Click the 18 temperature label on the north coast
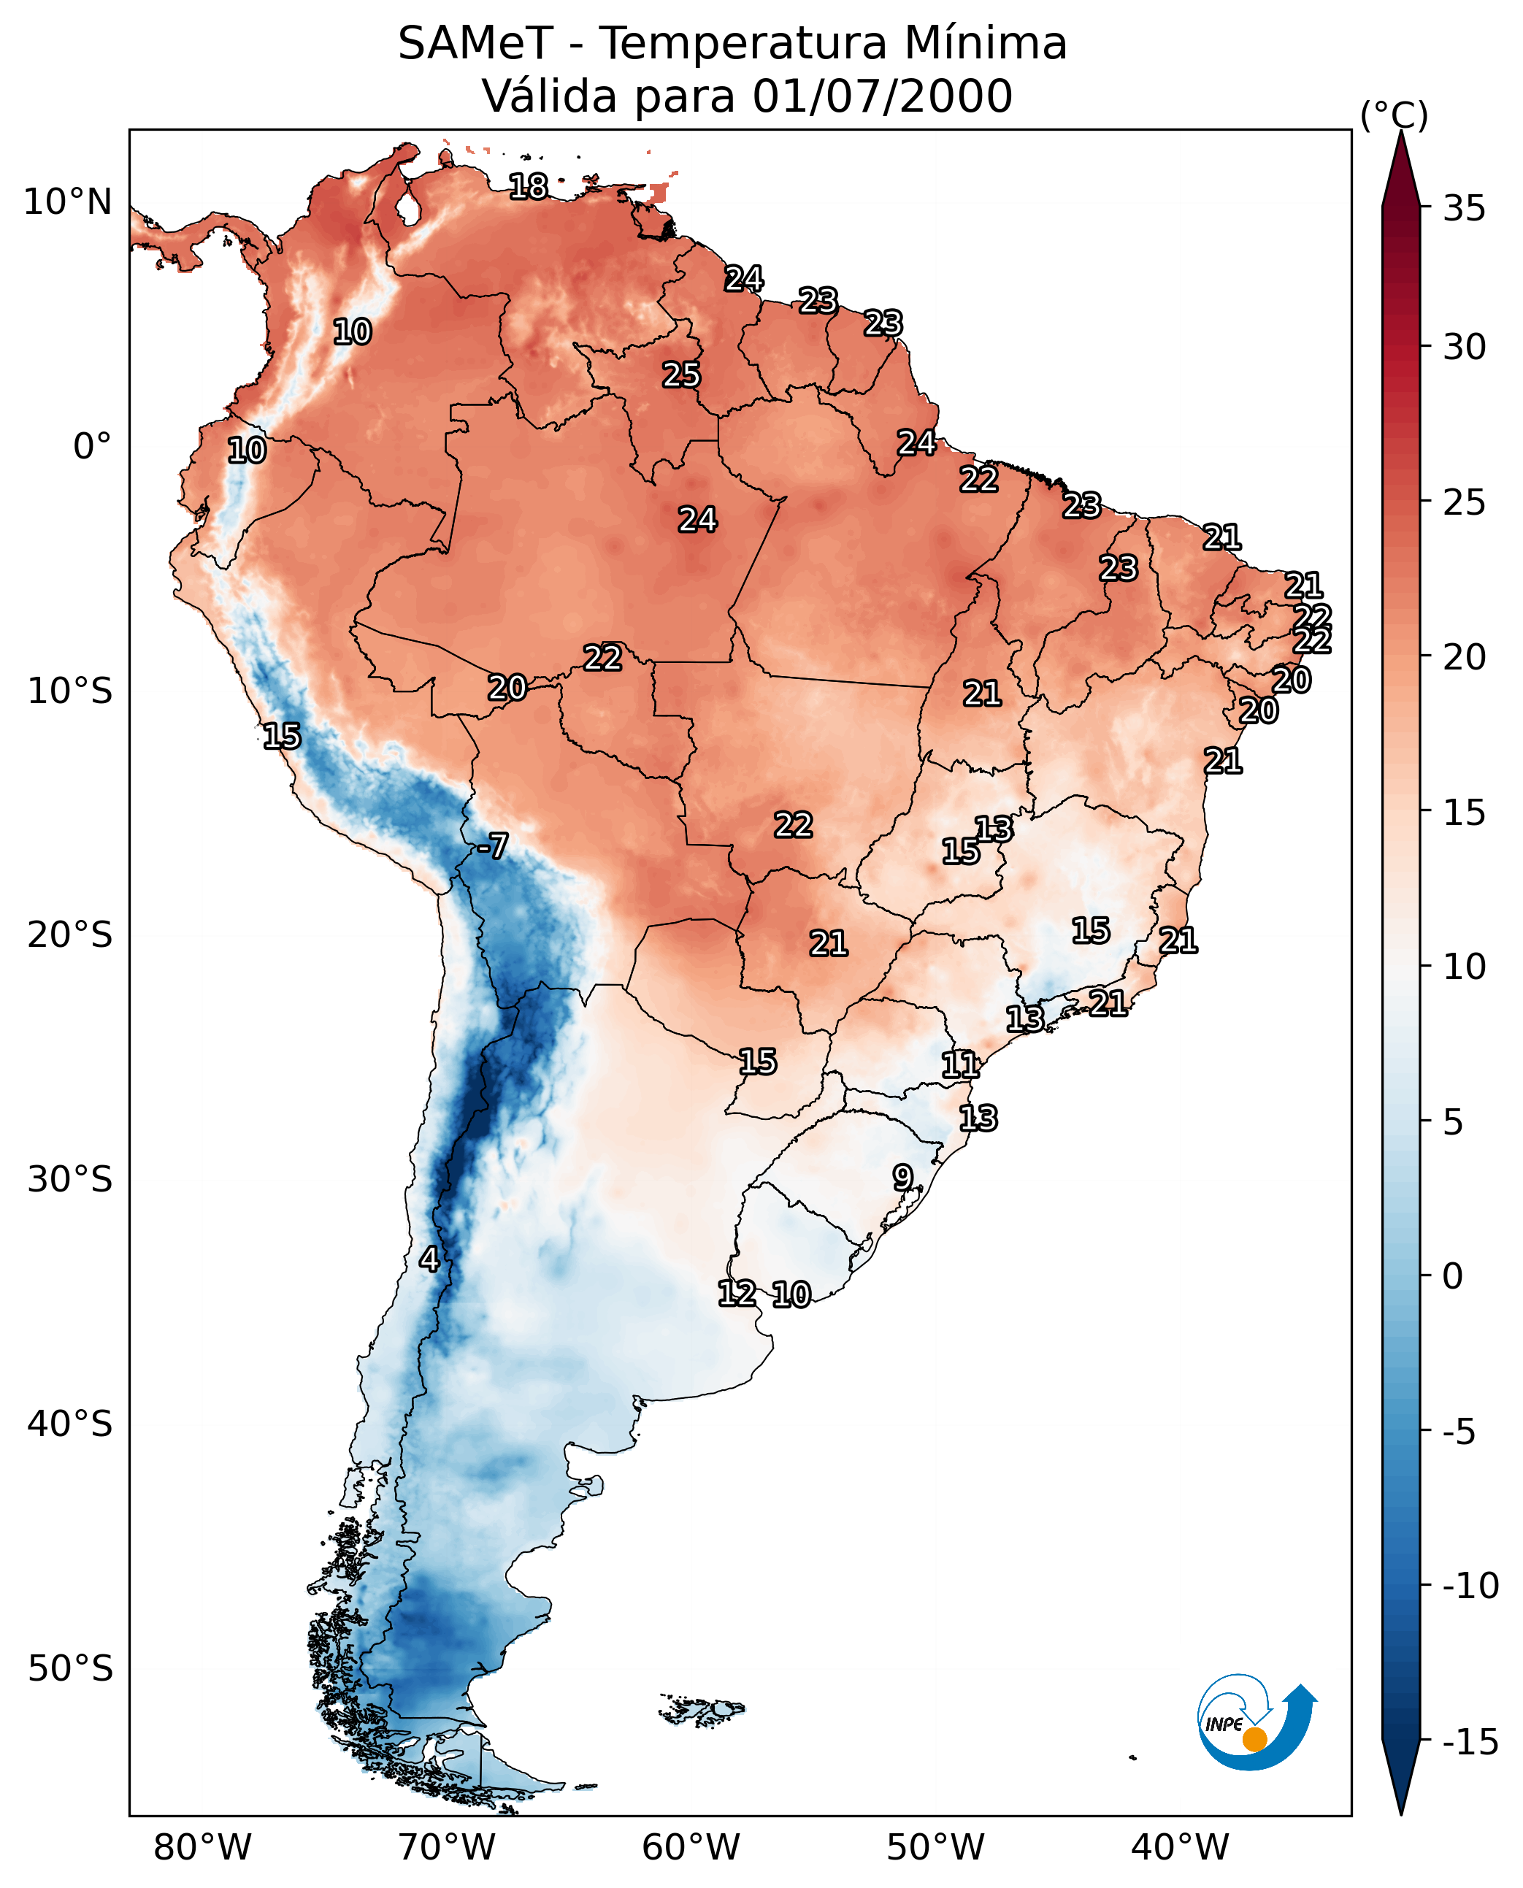point(528,186)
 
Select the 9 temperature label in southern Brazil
point(902,1178)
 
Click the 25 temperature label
point(680,375)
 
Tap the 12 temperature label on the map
point(737,1292)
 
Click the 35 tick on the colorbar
point(1464,209)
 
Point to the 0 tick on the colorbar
point(1453,1276)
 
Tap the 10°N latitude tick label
point(68,203)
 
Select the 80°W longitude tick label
point(203,1848)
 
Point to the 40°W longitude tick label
point(1180,1848)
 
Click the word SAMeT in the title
point(475,44)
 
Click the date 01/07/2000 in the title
point(883,96)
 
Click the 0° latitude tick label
point(92,447)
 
